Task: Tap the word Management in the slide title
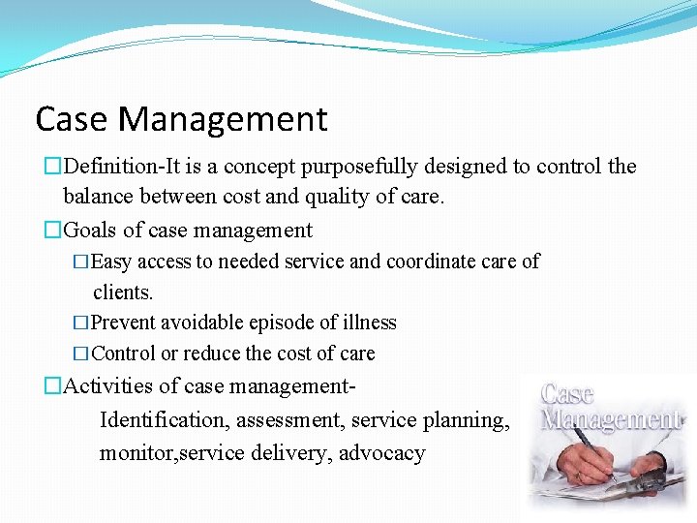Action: pyautogui.click(x=224, y=120)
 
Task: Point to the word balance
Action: pyautogui.click(x=99, y=198)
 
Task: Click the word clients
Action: pyautogui.click(x=123, y=292)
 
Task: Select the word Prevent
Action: pyautogui.click(x=124, y=323)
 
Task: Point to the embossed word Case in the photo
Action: pyautogui.click(x=568, y=394)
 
